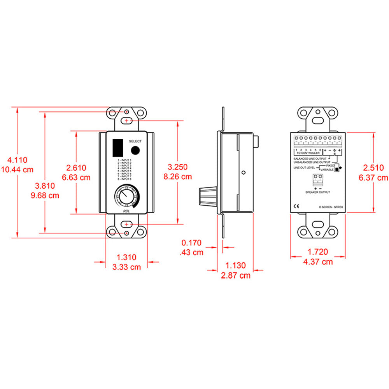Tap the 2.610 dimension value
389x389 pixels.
[76, 168]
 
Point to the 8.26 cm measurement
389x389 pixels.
[178, 176]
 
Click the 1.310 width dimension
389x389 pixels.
[126, 257]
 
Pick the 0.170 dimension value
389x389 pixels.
[192, 243]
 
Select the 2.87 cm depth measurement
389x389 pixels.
[236, 275]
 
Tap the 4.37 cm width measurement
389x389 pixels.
[318, 262]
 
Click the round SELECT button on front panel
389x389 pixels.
[135, 151]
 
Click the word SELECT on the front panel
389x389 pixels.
[135, 141]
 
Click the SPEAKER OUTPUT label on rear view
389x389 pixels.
[318, 193]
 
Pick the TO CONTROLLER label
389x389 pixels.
[308, 153]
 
